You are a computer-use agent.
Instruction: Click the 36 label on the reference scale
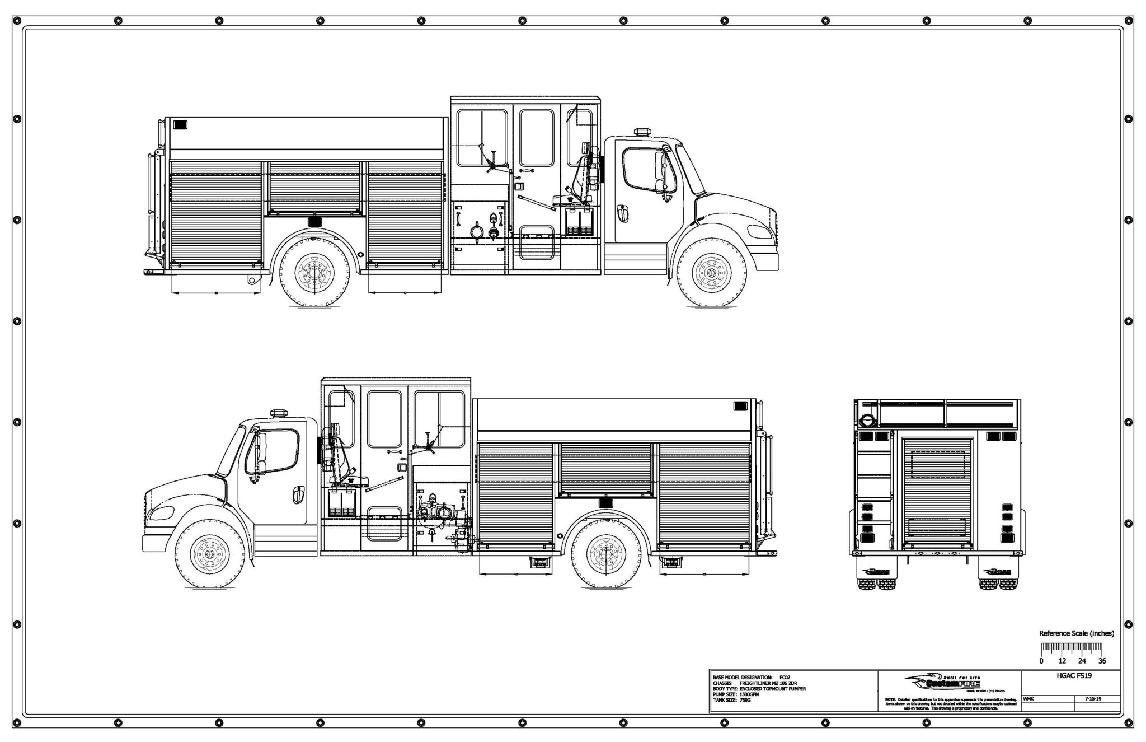[x=1102, y=661]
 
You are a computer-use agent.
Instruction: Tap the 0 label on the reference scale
[x=1041, y=661]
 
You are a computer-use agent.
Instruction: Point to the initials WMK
[x=1028, y=698]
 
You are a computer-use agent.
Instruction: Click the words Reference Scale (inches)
[x=1076, y=633]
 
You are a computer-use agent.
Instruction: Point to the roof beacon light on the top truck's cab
[x=642, y=133]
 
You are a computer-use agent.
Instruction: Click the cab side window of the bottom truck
[x=278, y=451]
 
